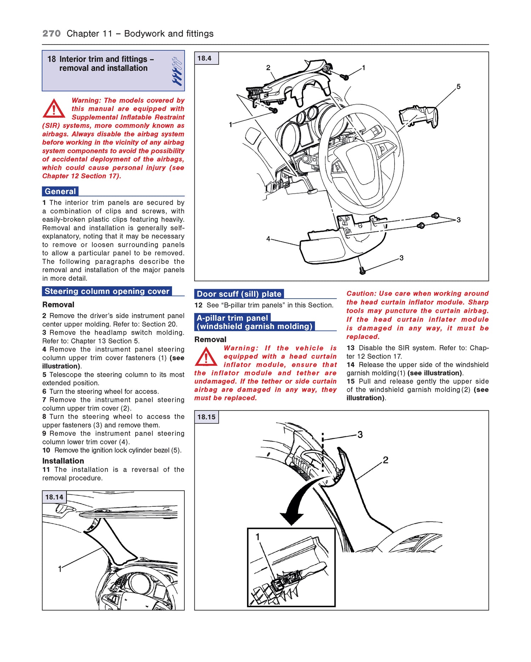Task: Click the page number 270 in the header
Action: (51, 34)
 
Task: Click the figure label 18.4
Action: (205, 58)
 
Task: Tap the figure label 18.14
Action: (54, 497)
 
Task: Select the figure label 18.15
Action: (206, 417)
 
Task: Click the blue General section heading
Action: (60, 191)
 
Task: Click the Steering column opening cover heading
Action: (107, 291)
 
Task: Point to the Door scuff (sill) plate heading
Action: (239, 294)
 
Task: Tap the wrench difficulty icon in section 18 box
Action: (177, 71)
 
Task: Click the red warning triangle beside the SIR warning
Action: (53, 109)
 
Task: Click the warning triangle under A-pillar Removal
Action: (206, 357)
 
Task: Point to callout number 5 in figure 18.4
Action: (458, 87)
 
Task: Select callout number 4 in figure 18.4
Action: (268, 239)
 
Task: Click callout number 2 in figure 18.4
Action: (268, 68)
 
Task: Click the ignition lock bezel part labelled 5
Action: (419, 116)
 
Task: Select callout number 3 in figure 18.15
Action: (360, 434)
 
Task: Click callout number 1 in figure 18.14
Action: (60, 569)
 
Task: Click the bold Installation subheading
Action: (63, 461)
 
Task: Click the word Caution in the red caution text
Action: (361, 294)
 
